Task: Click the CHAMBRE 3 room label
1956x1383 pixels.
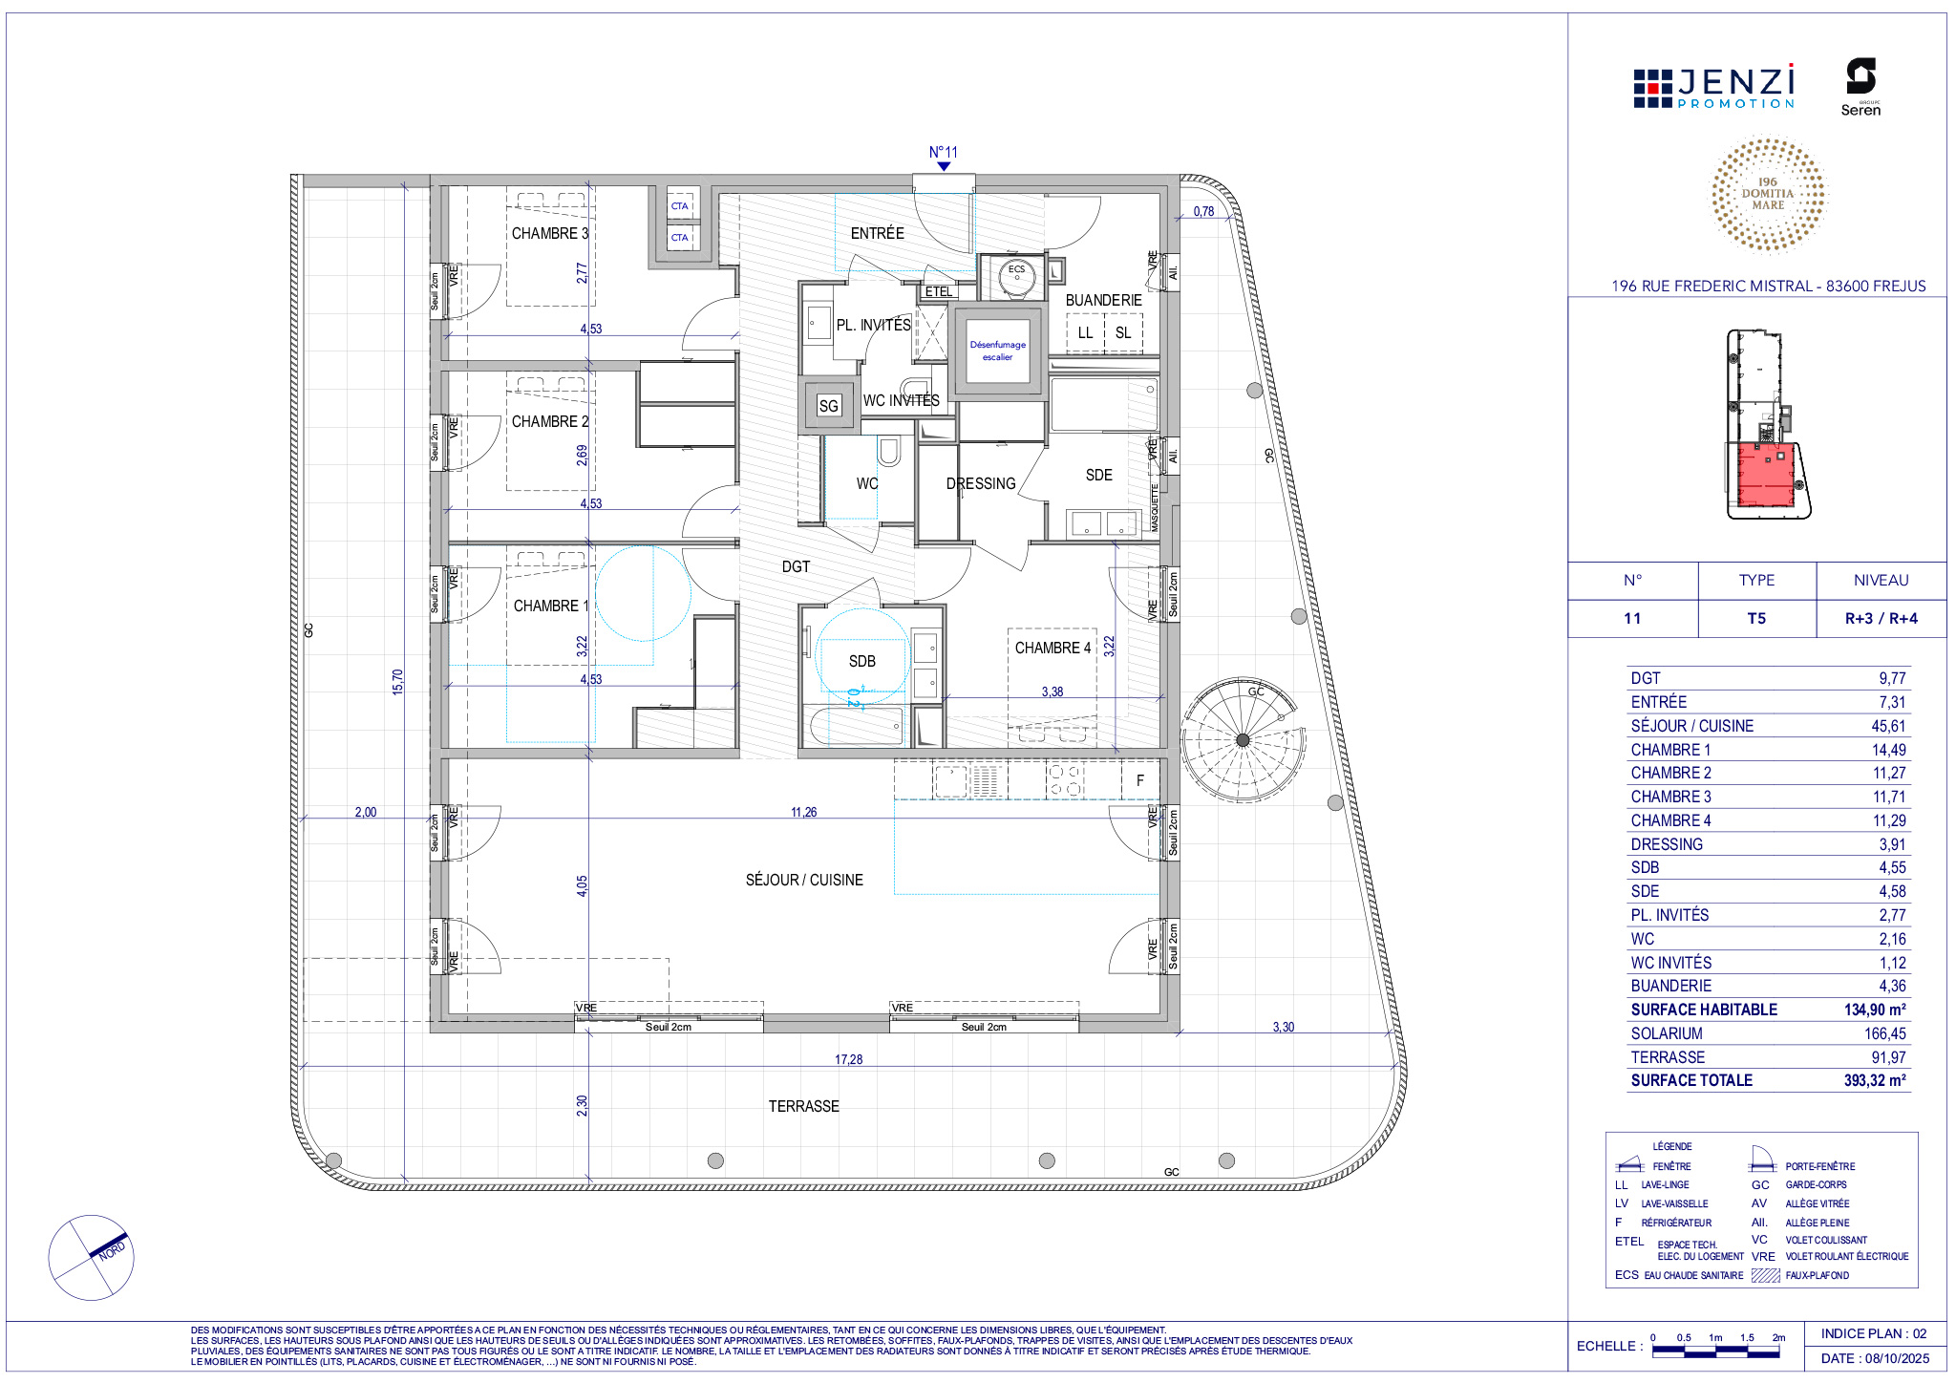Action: click(550, 233)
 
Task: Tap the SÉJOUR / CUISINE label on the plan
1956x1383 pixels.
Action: click(804, 880)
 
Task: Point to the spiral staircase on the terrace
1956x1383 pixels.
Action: click(1243, 740)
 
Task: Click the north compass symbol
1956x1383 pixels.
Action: click(92, 1257)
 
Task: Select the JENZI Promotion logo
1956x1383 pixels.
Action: click(1714, 87)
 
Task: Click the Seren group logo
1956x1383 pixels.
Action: click(1860, 88)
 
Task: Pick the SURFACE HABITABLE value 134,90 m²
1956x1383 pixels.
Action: click(1875, 1010)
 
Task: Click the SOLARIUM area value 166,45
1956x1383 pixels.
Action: click(1884, 1033)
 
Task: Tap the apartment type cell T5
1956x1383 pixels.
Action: click(1756, 619)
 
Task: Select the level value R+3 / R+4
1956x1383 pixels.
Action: click(1882, 619)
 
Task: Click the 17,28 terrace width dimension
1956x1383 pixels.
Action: click(848, 1059)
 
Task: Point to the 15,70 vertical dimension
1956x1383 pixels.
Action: click(397, 681)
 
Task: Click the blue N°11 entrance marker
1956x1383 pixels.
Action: click(944, 158)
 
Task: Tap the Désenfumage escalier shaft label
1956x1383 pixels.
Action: click(998, 351)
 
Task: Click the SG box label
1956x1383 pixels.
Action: click(828, 406)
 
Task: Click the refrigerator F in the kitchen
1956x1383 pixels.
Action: click(1140, 780)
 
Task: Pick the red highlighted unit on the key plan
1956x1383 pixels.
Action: click(1766, 475)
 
